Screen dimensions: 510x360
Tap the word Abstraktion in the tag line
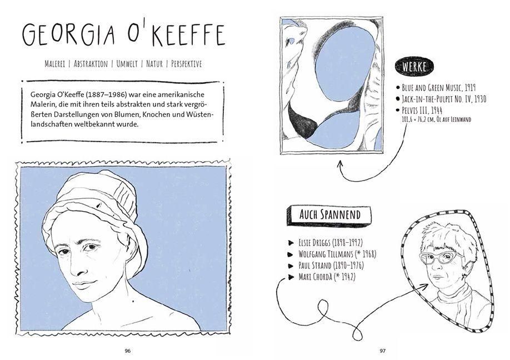click(91, 64)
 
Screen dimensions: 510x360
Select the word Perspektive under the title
click(186, 64)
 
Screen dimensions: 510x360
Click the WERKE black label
click(414, 67)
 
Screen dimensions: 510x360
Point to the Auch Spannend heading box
click(329, 215)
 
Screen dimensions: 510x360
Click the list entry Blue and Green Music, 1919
click(439, 88)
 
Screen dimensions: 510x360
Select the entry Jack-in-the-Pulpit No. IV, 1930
click(444, 99)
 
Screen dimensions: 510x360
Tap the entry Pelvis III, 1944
click(422, 110)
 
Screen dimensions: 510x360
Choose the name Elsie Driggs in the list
click(314, 243)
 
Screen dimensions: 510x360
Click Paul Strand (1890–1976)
click(331, 266)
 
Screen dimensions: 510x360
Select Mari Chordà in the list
click(316, 277)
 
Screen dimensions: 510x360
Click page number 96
click(128, 351)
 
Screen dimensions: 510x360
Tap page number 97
click(382, 351)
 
